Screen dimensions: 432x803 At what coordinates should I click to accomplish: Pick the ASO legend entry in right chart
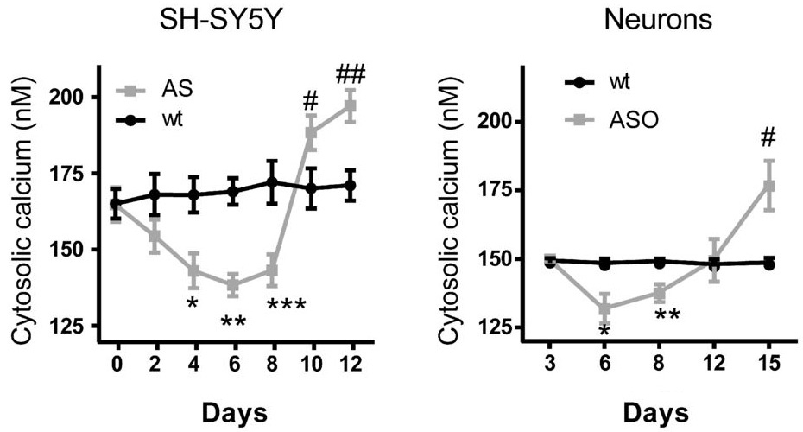click(x=633, y=119)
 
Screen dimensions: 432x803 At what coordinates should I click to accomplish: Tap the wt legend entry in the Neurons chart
click(x=616, y=84)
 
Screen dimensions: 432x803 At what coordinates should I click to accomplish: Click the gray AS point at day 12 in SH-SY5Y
click(x=351, y=105)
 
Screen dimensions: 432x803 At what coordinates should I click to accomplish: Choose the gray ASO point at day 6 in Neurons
click(x=604, y=308)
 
